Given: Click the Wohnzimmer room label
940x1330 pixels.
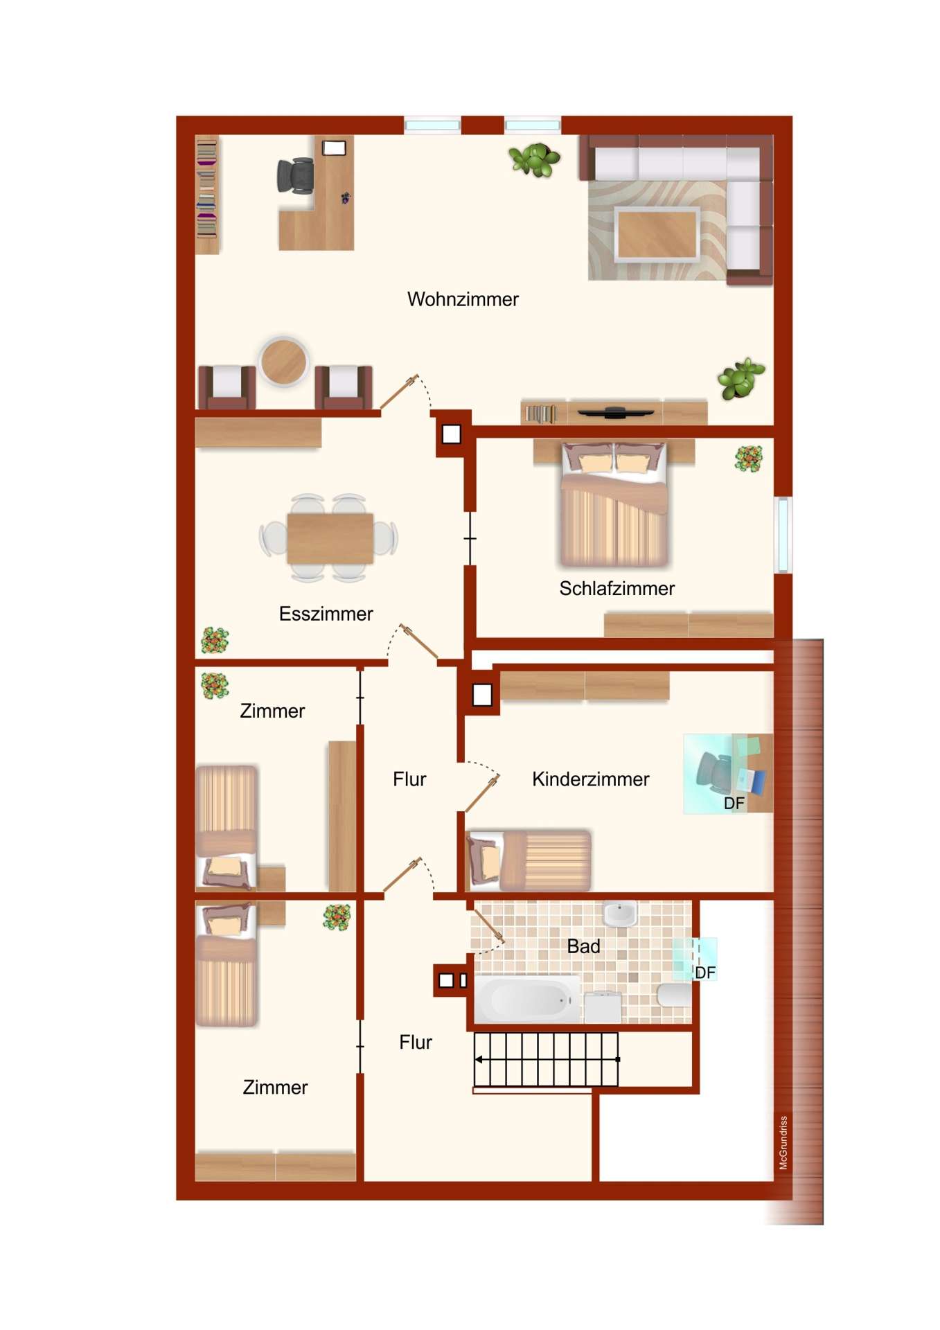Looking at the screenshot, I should tap(462, 299).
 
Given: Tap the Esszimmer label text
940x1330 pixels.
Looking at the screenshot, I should tap(326, 614).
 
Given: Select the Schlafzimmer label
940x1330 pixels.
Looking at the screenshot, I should tap(617, 588).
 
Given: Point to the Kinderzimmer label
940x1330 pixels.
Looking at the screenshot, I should tap(590, 779).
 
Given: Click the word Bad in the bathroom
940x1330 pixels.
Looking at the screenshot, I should tap(583, 946).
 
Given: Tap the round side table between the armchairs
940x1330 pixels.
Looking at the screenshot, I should tap(283, 361).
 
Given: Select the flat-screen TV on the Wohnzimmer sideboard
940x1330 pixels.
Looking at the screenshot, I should tap(615, 413).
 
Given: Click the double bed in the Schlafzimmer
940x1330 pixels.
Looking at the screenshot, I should tap(614, 504).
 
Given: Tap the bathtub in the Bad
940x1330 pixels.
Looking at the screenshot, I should tap(526, 999).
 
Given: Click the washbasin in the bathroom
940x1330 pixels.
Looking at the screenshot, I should tap(620, 914).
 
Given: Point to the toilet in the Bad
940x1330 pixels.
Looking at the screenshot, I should tap(674, 995).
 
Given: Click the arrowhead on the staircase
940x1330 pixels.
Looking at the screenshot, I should tap(479, 1059).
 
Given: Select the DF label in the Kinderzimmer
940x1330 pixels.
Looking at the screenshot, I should tap(734, 803).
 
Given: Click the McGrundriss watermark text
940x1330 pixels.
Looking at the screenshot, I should tap(783, 1142).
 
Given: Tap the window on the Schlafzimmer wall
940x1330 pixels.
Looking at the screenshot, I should tap(783, 534).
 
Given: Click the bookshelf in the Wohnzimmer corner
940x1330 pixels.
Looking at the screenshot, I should tap(207, 195).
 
